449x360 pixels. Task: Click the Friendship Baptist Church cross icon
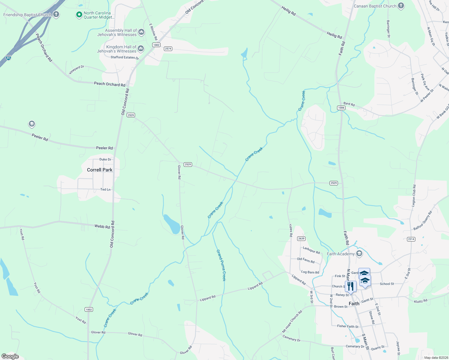pos(56,14)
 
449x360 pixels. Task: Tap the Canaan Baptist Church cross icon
pos(401,6)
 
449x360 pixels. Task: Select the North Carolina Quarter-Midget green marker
pos(79,15)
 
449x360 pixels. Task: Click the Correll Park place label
pos(100,170)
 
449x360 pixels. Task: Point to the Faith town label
pos(354,304)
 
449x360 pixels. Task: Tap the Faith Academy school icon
pos(359,254)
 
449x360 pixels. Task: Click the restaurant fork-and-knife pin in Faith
pos(350,286)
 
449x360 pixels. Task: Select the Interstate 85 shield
pos(9,58)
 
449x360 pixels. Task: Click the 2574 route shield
pos(168,49)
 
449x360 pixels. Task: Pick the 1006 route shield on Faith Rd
pos(341,108)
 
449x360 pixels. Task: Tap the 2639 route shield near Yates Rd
pos(301,238)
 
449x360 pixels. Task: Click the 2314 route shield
pos(411,239)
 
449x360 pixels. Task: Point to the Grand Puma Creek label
pos(221,265)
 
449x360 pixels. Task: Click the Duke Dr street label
pos(105,160)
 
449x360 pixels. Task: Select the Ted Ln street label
pos(105,190)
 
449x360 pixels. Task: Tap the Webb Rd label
pos(102,226)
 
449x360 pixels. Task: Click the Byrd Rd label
pos(349,104)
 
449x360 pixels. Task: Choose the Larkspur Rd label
pos(311,250)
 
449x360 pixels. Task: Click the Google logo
pos(10,356)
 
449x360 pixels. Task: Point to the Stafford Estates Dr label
pos(125,58)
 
